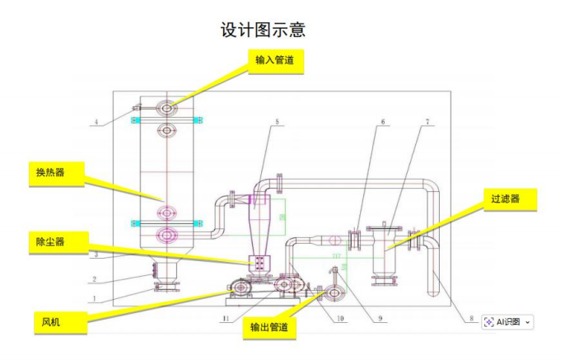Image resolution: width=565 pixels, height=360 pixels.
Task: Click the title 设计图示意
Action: coord(263,30)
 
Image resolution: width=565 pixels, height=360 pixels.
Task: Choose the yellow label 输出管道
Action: coord(273,327)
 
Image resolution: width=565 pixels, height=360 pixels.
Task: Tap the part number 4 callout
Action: coord(96,123)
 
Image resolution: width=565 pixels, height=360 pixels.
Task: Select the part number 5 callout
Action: coord(277,122)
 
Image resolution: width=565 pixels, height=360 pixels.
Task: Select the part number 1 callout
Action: coord(96,298)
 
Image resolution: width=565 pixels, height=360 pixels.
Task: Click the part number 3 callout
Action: coord(96,255)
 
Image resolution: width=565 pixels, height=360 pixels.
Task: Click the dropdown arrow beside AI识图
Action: coord(527,322)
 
